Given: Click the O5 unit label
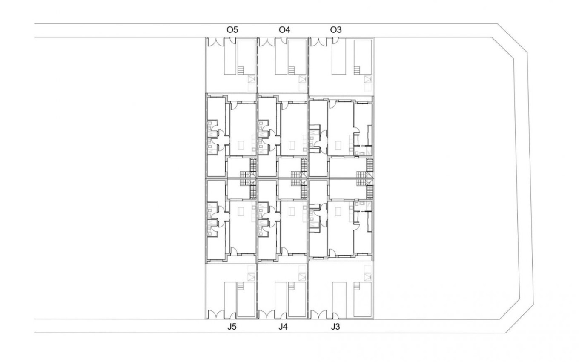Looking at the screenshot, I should point(232,30).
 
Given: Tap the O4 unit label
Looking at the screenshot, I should point(284,30).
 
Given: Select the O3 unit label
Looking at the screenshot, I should point(336,30).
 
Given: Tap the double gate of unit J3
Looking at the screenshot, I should point(320,315).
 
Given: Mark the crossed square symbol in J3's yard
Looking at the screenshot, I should point(367,277).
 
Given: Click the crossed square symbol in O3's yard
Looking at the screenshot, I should point(367,79).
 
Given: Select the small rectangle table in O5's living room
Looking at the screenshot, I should point(240,145).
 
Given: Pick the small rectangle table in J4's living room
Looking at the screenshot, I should point(292,211).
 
